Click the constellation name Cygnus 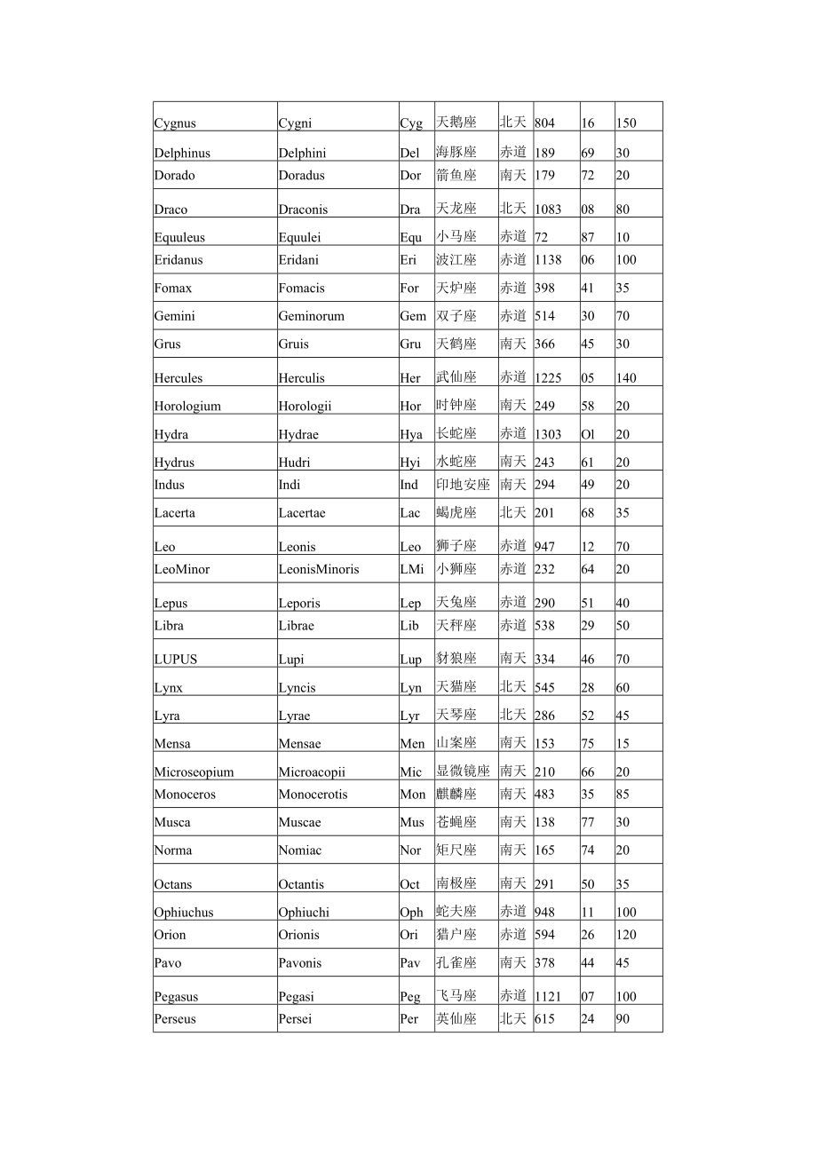175,123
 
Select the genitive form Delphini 302,153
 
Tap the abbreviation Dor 410,175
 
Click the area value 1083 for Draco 548,210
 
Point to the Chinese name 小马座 456,236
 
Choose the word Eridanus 178,260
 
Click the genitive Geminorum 311,316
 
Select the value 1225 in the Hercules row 548,378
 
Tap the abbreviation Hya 411,434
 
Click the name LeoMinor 182,569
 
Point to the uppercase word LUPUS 176,660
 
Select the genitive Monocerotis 313,795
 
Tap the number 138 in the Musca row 544,822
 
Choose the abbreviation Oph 411,912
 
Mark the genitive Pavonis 300,963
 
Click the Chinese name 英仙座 456,1018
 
